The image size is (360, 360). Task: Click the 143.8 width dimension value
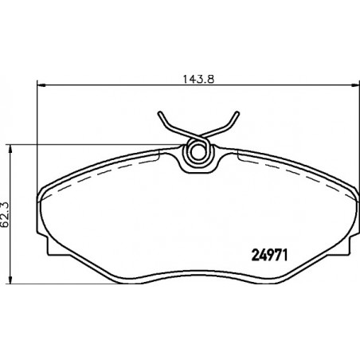tap(198, 80)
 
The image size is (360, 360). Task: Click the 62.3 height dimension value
tap(5, 214)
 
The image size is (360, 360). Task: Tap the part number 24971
tap(269, 256)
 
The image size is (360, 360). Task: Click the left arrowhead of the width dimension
tap(41, 85)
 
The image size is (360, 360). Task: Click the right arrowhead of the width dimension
tap(355, 85)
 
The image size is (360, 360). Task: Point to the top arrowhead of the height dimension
tap(10, 149)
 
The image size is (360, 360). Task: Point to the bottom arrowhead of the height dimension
tap(10, 279)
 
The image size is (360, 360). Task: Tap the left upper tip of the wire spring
tap(159, 113)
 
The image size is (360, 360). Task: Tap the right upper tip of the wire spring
tap(237, 113)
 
